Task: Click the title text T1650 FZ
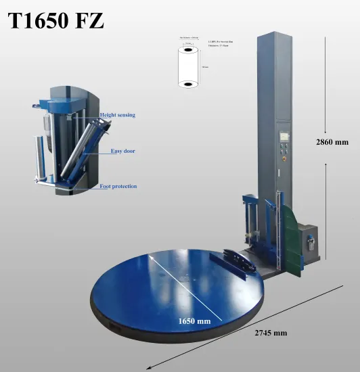coord(56,22)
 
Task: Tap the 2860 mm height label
coord(332,142)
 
